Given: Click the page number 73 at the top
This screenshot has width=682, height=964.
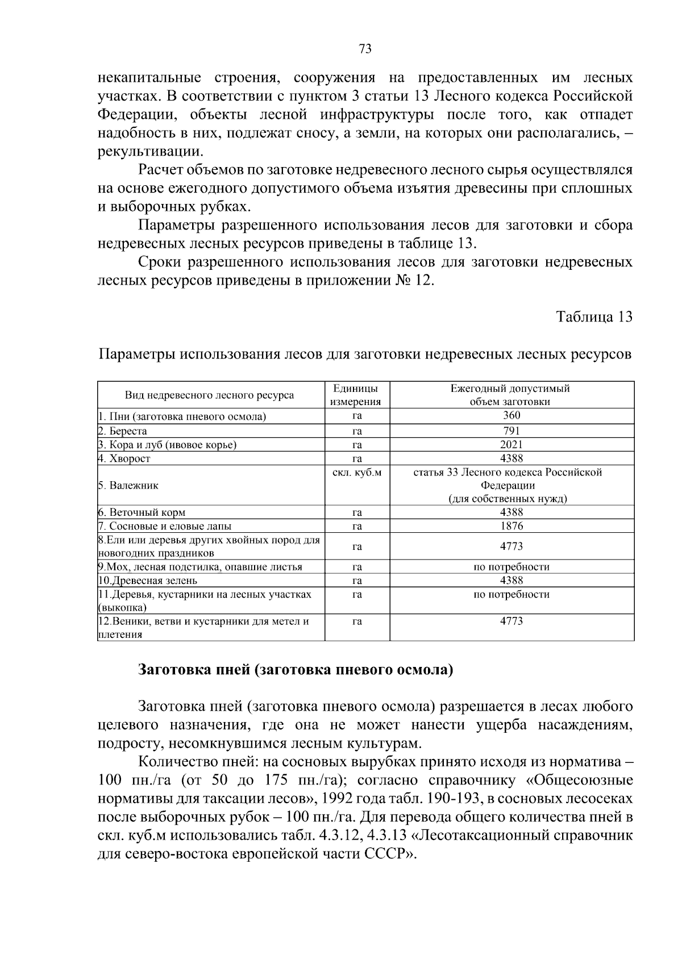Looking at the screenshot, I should click(x=365, y=49).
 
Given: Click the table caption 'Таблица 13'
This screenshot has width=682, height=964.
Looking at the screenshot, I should click(x=594, y=317).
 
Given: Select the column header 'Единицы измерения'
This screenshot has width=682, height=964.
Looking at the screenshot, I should click(x=356, y=395).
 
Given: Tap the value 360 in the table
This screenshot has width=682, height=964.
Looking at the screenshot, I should click(x=511, y=416).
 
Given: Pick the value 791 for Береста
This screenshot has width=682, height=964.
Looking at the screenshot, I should click(x=511, y=431).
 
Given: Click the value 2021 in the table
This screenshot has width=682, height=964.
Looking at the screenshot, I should click(x=511, y=445).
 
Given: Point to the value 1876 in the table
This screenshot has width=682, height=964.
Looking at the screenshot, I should click(x=511, y=526).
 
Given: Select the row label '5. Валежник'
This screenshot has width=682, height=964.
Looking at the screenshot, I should click(x=128, y=486).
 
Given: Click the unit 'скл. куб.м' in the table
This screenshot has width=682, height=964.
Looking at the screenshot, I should click(x=356, y=472).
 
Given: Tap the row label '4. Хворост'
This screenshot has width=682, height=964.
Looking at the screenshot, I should click(x=124, y=458).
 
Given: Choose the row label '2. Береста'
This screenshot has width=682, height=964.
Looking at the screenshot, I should click(x=123, y=431).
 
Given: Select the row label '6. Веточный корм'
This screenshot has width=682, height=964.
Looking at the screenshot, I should click(x=142, y=512).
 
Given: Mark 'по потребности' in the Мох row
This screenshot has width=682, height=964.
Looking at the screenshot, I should click(x=511, y=567).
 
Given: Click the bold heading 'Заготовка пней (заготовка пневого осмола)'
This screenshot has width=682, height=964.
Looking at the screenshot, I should click(x=296, y=670).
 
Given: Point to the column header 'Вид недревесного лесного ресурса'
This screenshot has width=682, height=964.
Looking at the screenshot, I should click(x=210, y=395).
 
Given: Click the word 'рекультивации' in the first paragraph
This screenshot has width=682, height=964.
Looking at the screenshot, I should click(x=149, y=152).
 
